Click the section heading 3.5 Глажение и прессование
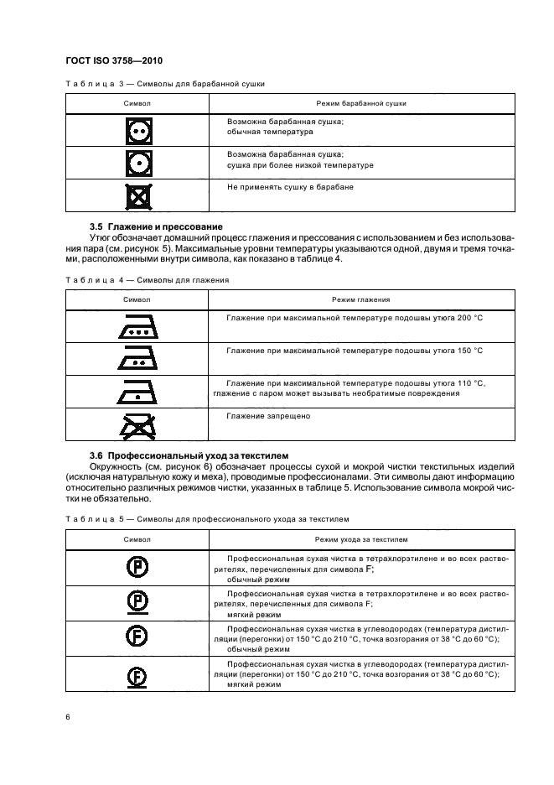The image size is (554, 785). (156, 227)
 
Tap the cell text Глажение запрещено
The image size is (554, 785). (268, 416)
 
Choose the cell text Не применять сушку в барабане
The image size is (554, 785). (290, 187)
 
